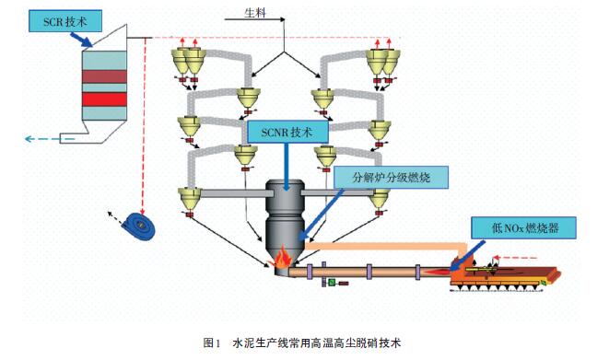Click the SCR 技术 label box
(65, 21)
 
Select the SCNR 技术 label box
(287, 132)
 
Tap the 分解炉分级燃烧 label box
(391, 178)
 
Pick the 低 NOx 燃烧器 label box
(523, 227)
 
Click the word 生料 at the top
(255, 13)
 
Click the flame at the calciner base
(282, 257)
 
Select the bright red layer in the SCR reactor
(104, 99)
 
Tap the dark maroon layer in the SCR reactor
(104, 76)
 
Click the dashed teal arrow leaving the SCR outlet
(49, 138)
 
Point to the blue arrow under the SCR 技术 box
(81, 40)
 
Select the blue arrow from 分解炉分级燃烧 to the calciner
(322, 214)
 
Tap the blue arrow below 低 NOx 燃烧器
(468, 255)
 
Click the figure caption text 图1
(212, 343)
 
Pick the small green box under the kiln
(332, 283)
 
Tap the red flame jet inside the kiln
(437, 272)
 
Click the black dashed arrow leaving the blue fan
(116, 218)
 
